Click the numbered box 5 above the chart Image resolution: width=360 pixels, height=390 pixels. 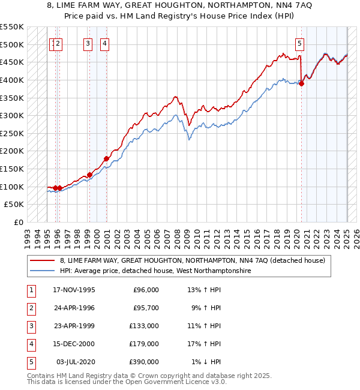coord(299,43)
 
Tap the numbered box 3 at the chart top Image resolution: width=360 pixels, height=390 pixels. coord(88,43)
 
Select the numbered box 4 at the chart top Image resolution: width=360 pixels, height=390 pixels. coord(104,43)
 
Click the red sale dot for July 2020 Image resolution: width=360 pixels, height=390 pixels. coord(301,83)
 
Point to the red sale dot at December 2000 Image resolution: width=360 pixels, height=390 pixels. coord(106,158)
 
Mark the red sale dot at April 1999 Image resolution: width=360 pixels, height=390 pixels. coord(89,175)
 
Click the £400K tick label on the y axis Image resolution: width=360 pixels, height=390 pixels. coord(12,80)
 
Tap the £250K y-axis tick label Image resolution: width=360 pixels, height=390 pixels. coord(12,133)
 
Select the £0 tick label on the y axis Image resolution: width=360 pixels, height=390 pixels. coord(18,222)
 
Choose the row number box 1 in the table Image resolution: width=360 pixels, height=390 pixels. coord(31,290)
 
